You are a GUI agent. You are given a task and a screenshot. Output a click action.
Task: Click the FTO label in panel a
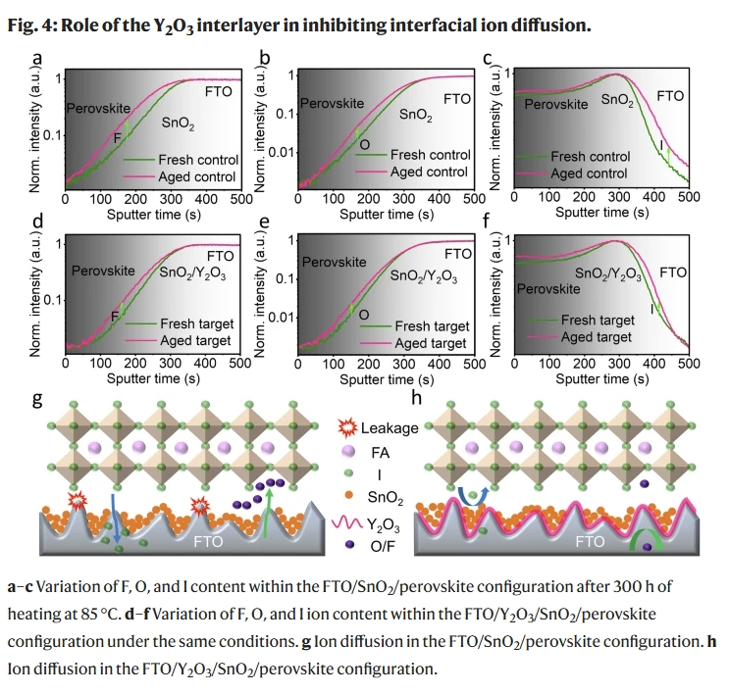pyautogui.click(x=219, y=92)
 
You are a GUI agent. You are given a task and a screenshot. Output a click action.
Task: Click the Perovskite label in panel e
pyautogui.click(x=334, y=262)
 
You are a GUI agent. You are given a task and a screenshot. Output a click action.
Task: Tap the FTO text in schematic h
pyautogui.click(x=589, y=541)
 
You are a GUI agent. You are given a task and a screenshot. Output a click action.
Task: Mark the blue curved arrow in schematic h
pyautogui.click(x=480, y=496)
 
